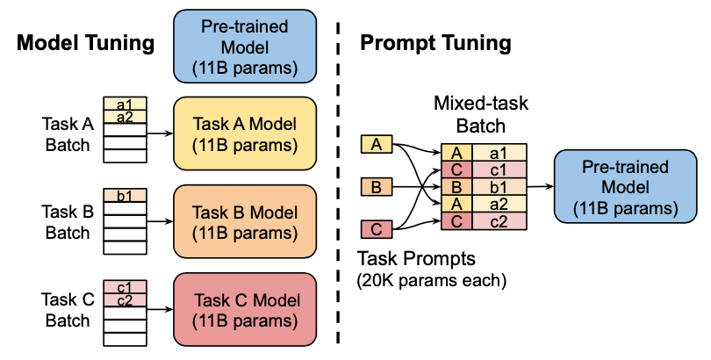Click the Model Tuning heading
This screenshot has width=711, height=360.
pos(86,42)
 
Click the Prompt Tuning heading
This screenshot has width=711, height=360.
pos(436,42)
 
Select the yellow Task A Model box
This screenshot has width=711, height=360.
pos(244,133)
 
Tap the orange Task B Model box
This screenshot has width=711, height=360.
pos(244,221)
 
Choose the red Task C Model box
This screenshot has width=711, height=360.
pos(244,309)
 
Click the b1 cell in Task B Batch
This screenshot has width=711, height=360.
pos(125,196)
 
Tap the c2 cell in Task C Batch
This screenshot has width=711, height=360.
pos(125,300)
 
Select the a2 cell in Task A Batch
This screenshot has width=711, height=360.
pos(125,118)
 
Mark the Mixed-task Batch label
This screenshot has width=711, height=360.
pos(481,115)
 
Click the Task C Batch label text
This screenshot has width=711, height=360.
pos(67,309)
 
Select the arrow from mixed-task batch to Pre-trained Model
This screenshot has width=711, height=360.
pos(540,187)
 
